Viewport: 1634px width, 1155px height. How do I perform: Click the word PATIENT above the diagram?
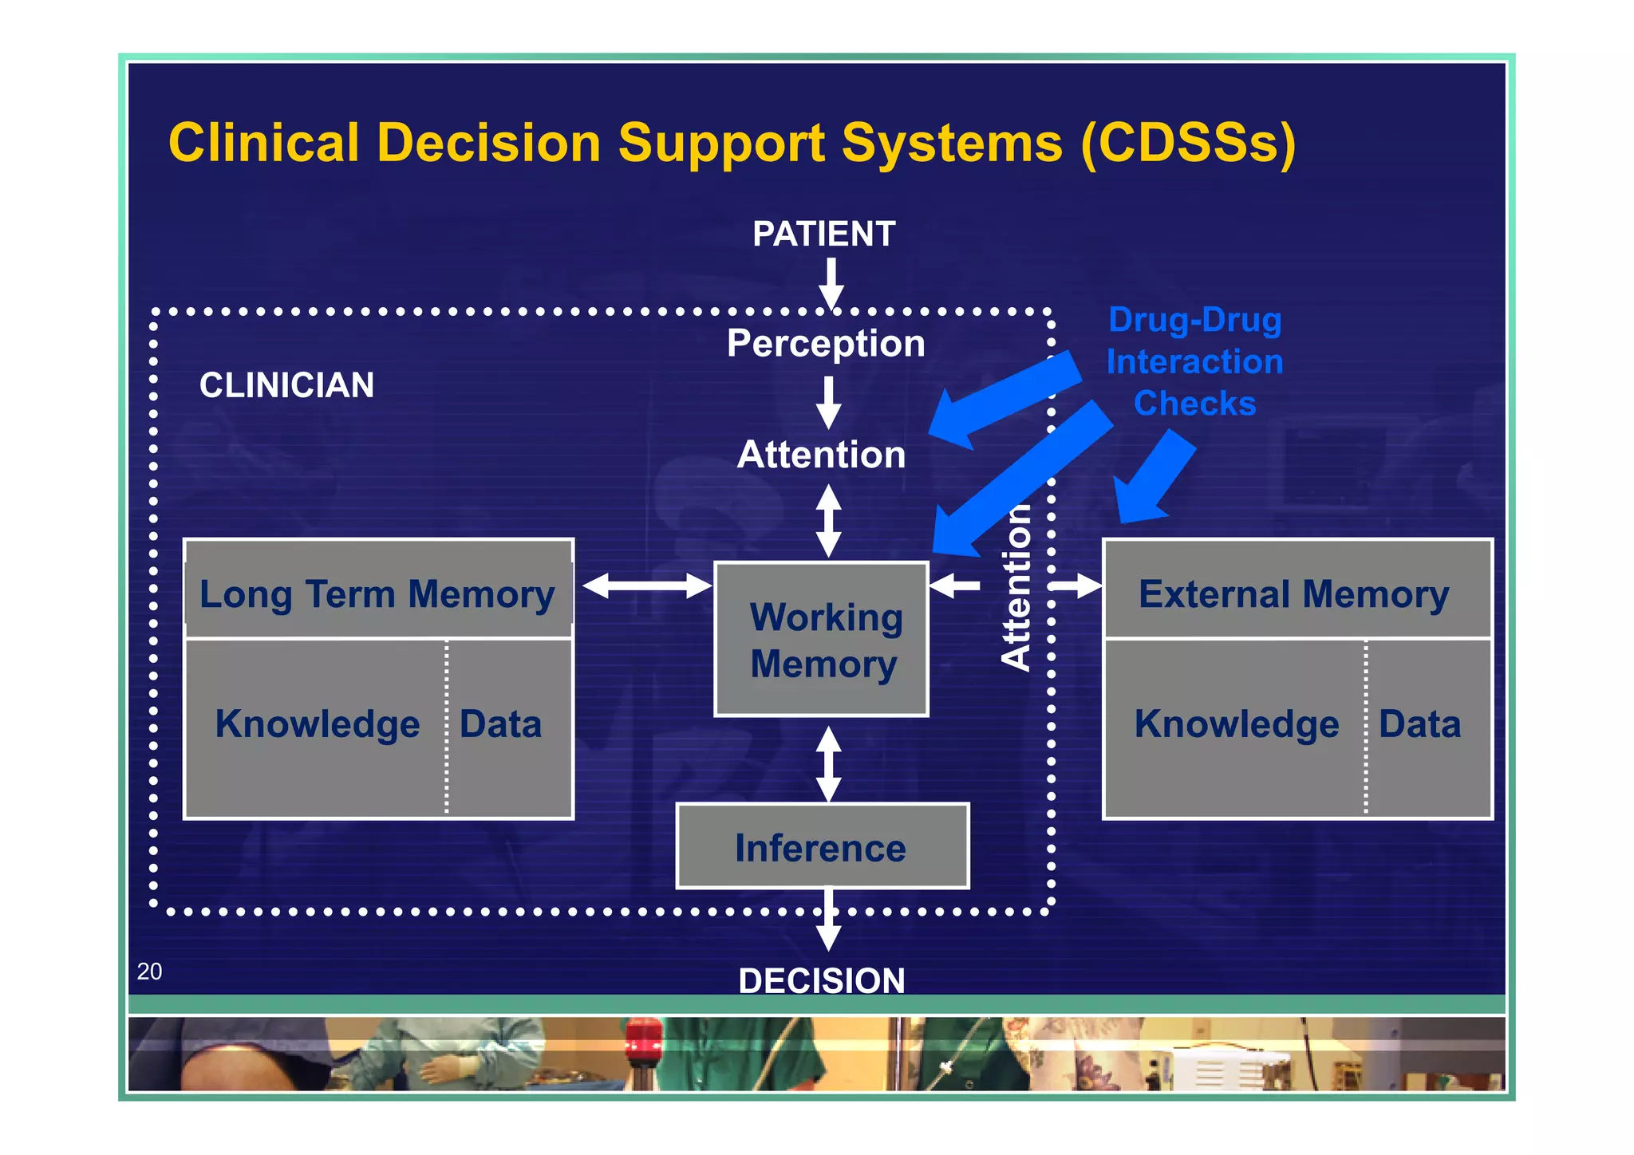point(823,235)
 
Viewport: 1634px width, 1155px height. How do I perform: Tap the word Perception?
point(826,344)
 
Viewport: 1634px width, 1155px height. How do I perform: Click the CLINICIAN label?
point(286,385)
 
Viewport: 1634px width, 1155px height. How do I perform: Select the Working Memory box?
point(822,640)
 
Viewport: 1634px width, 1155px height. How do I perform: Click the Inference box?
point(822,847)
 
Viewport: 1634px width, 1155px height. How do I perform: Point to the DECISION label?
point(822,980)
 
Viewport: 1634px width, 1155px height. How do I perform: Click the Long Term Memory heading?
point(377,594)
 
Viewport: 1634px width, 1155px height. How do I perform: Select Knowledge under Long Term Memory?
point(318,724)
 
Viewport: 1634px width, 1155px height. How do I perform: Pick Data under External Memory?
point(1419,724)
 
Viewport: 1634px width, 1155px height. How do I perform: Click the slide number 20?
point(149,972)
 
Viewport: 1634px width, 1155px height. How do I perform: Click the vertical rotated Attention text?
point(1016,588)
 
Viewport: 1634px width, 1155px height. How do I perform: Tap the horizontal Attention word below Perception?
point(822,455)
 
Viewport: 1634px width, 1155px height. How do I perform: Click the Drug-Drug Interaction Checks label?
point(1194,361)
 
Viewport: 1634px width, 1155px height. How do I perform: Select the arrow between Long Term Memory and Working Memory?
point(646,586)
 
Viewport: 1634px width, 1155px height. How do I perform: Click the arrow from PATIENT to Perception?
point(831,283)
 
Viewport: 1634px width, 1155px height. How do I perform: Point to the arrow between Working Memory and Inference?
point(828,763)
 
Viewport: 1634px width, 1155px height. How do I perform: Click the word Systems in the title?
point(952,144)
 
